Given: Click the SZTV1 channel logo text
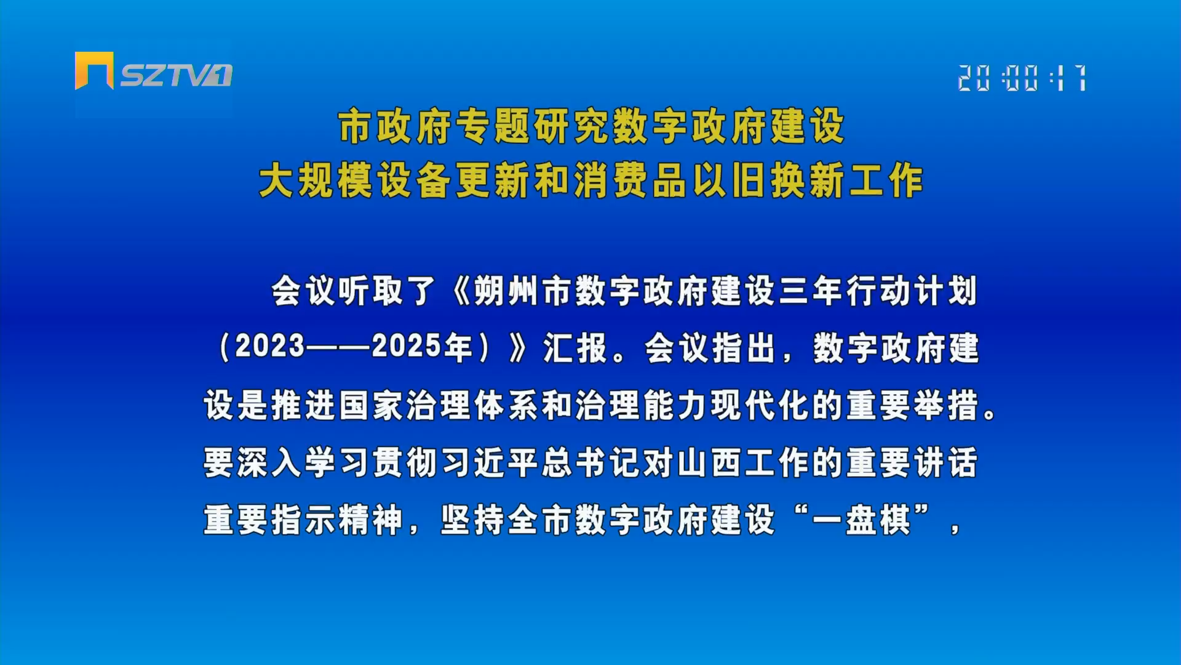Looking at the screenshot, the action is click(x=176, y=75).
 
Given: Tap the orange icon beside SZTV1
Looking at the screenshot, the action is click(x=94, y=70).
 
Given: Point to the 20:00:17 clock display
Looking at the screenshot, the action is click(x=1022, y=78).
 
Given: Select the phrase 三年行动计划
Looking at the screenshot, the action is click(x=878, y=291).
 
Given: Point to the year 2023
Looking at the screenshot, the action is click(x=270, y=347).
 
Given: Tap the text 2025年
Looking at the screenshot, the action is click(x=422, y=347).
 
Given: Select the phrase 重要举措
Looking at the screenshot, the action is click(x=912, y=406).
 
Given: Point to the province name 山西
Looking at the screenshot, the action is click(x=710, y=463).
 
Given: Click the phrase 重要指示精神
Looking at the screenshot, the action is click(x=303, y=520).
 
